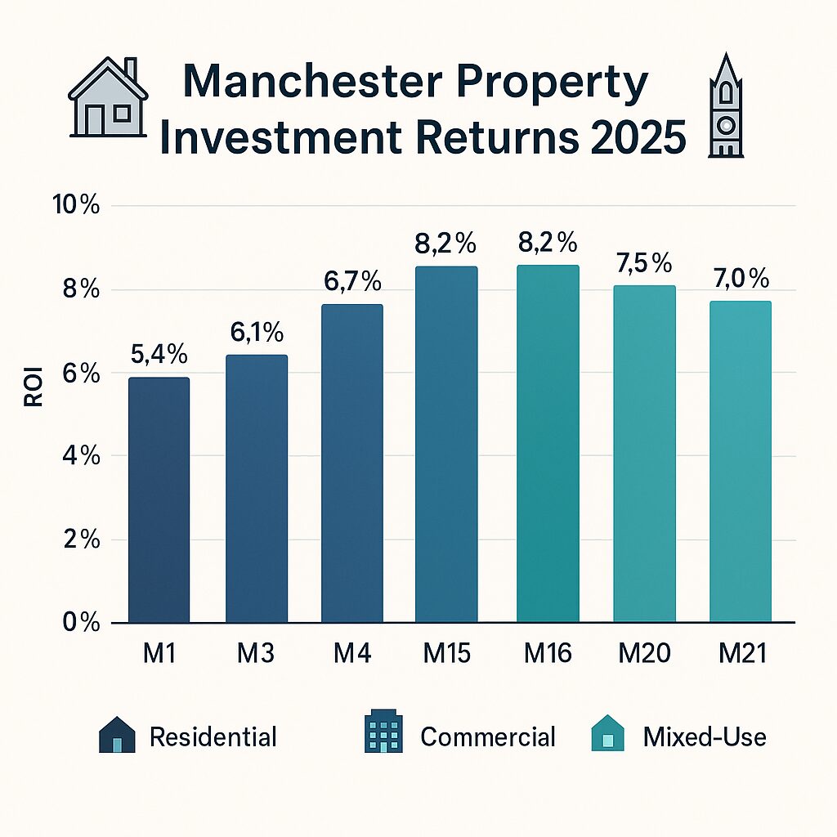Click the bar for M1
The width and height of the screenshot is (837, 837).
(159, 499)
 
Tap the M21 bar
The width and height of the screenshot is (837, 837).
(740, 461)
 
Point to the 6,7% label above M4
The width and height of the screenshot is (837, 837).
(351, 282)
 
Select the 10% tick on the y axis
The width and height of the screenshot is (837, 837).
(75, 205)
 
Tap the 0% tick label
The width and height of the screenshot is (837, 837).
(80, 623)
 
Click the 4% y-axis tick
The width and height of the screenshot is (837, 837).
(80, 456)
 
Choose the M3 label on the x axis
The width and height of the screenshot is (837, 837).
(255, 654)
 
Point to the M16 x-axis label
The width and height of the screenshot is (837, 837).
(548, 654)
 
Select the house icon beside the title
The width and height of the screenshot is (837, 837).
(108, 98)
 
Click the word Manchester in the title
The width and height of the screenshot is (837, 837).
(311, 84)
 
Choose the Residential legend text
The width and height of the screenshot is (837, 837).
(213, 737)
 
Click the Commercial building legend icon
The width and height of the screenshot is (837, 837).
(383, 735)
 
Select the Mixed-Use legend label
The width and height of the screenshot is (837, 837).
(705, 737)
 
